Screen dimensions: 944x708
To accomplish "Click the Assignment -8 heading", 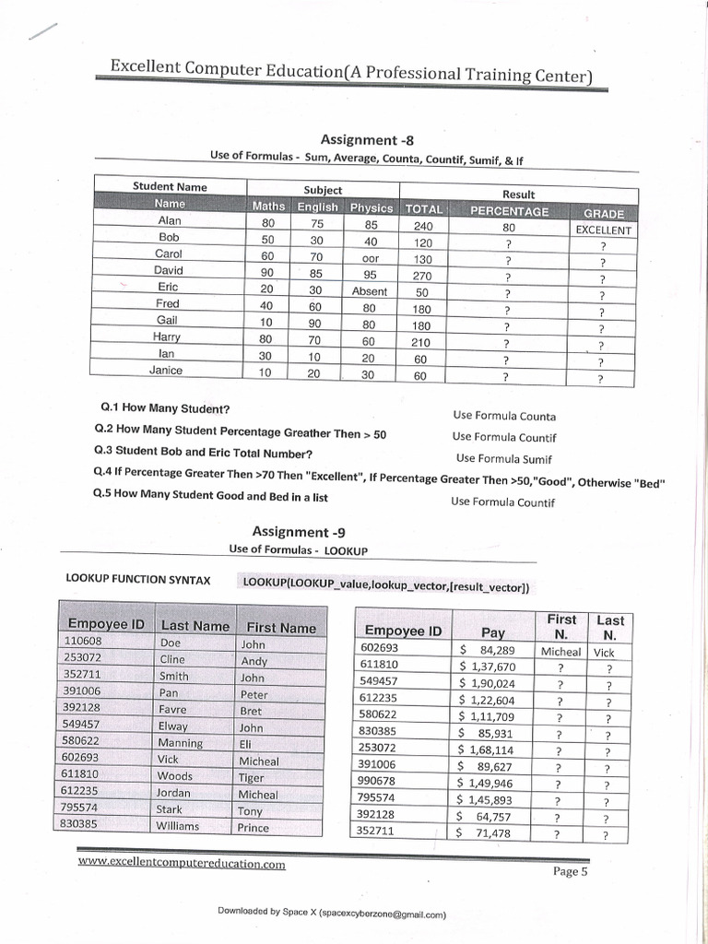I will pyautogui.click(x=366, y=139).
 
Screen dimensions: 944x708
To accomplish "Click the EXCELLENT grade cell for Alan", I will pyautogui.click(x=603, y=230).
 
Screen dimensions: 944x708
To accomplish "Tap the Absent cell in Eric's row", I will pyautogui.click(x=370, y=291).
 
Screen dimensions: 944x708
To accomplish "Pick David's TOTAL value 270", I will pyautogui.click(x=422, y=275).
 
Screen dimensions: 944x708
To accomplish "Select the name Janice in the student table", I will pyautogui.click(x=166, y=371).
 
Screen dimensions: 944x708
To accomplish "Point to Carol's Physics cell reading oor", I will pyautogui.click(x=371, y=258).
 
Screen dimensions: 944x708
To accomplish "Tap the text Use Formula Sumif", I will pyautogui.click(x=504, y=458).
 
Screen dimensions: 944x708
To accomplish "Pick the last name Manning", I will pyautogui.click(x=180, y=742).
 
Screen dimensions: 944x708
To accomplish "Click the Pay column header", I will pyautogui.click(x=493, y=631).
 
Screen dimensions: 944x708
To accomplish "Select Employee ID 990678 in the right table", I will pyautogui.click(x=379, y=783).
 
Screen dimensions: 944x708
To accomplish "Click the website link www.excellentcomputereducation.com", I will pyautogui.click(x=182, y=865).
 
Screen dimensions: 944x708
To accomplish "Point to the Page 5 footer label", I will pyautogui.click(x=570, y=872).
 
